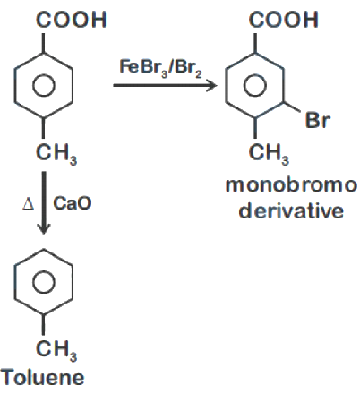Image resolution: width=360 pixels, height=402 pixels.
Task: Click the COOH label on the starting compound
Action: pyautogui.click(x=71, y=20)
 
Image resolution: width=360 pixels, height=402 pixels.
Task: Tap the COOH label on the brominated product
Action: pyautogui.click(x=283, y=20)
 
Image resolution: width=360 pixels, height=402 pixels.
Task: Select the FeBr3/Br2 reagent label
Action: pyautogui.click(x=160, y=68)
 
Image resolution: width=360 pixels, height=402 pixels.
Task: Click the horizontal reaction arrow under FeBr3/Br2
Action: pyautogui.click(x=165, y=86)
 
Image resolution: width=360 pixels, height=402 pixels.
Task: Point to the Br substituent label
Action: pyautogui.click(x=318, y=120)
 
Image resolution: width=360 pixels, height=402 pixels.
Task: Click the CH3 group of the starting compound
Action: pyautogui.click(x=56, y=154)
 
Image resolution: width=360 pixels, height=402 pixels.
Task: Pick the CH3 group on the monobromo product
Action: pyautogui.click(x=269, y=154)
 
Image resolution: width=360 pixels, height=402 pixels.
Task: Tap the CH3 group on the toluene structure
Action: pyautogui.click(x=56, y=350)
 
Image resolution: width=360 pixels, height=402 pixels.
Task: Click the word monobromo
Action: pyautogui.click(x=291, y=185)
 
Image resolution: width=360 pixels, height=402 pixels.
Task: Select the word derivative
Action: pyautogui.click(x=291, y=210)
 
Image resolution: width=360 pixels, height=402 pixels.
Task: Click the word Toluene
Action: pyautogui.click(x=43, y=377)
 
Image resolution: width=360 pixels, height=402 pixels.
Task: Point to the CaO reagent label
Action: pyautogui.click(x=73, y=203)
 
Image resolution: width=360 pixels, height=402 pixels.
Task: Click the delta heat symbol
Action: pyautogui.click(x=29, y=204)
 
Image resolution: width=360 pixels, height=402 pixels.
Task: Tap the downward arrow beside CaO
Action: pyautogui.click(x=44, y=202)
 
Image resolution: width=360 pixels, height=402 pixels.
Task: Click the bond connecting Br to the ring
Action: pyautogui.click(x=292, y=107)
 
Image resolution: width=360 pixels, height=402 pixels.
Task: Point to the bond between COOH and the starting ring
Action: pyautogui.click(x=44, y=43)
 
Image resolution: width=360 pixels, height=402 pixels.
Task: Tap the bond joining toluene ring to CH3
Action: pyautogui.click(x=44, y=324)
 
